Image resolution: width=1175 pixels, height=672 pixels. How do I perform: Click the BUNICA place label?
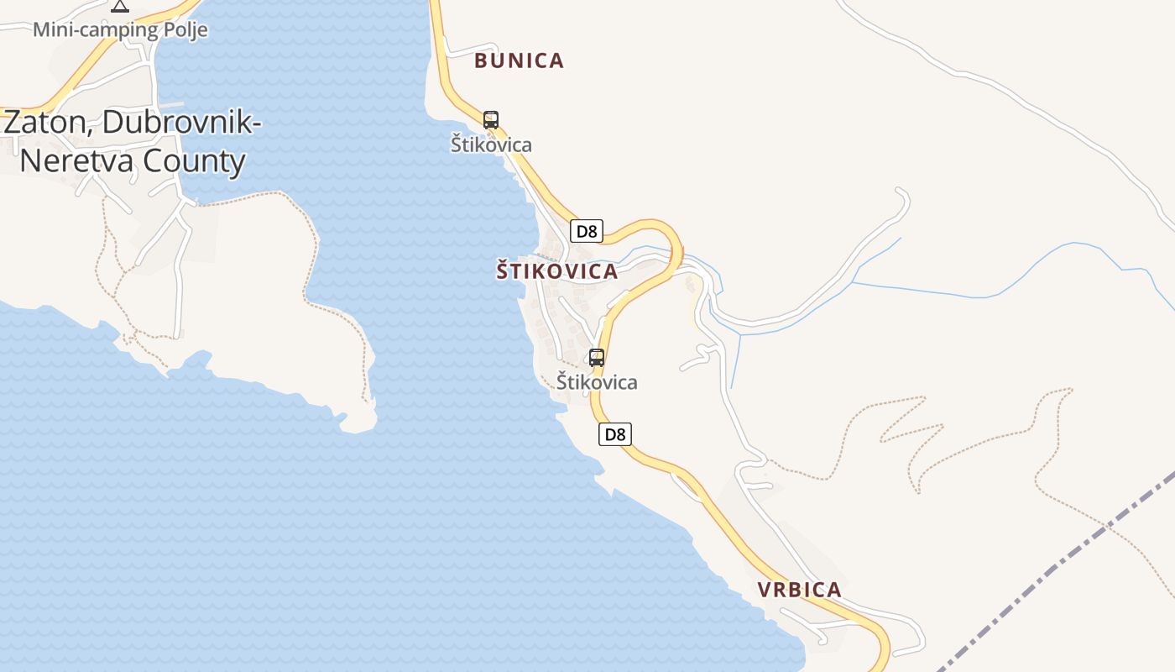[x=519, y=60]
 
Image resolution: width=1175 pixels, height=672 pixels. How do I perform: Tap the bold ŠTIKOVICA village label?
[x=556, y=271]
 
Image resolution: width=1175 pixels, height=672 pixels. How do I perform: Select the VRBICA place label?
[x=799, y=590]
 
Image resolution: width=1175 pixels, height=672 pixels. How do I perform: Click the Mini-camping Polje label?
[x=120, y=30]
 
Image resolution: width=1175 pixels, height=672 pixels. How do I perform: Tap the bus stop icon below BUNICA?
[x=491, y=120]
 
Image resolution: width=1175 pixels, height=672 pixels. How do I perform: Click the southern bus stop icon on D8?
[x=597, y=358]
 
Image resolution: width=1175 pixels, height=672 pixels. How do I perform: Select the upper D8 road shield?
[x=586, y=231]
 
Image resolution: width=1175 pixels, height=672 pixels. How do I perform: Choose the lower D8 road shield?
[x=615, y=434]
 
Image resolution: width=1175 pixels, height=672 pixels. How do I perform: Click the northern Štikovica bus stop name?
[x=491, y=144]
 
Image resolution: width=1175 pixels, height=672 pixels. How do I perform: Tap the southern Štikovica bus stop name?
[x=597, y=382]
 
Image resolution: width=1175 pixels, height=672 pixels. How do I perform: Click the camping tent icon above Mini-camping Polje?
[x=120, y=6]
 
